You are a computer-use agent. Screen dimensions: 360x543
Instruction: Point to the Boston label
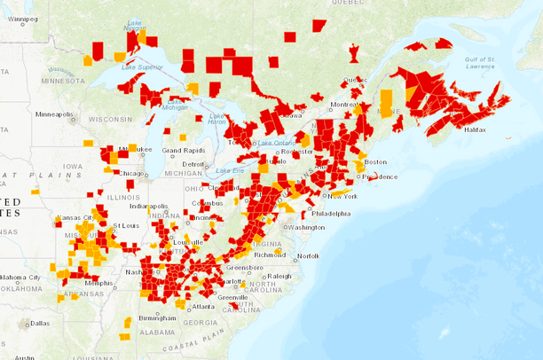click(375, 162)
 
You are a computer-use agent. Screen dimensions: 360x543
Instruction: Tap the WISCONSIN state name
click(109, 119)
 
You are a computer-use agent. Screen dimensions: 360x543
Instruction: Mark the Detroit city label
click(193, 165)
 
